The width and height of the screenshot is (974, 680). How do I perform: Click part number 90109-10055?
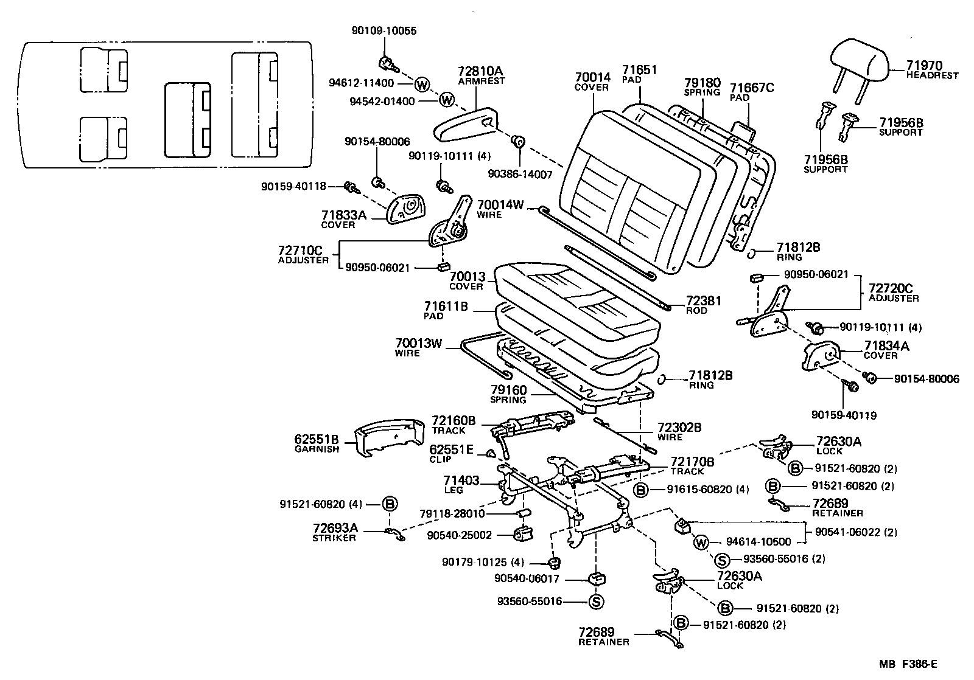pyautogui.click(x=384, y=31)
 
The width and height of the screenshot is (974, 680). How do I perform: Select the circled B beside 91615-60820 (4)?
pyautogui.click(x=641, y=490)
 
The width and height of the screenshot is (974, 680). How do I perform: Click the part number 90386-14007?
pyautogui.click(x=520, y=174)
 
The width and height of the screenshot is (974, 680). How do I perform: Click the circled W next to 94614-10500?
pyautogui.click(x=701, y=542)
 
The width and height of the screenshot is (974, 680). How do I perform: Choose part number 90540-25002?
pyautogui.click(x=459, y=535)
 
